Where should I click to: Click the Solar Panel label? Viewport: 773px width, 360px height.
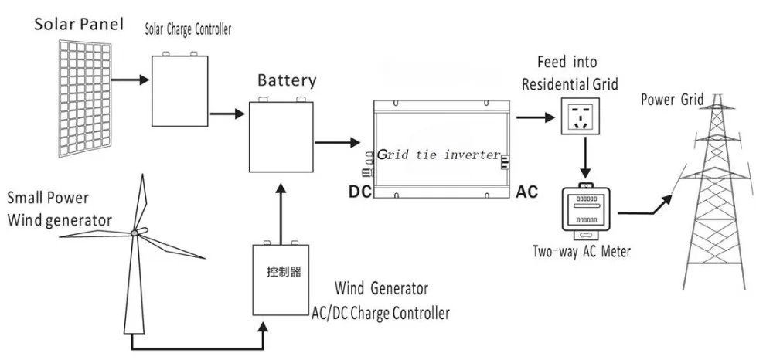(77, 23)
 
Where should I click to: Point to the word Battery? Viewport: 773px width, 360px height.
(287, 80)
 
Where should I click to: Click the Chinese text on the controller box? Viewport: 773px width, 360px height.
(283, 272)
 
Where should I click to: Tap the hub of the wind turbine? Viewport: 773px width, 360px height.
(134, 232)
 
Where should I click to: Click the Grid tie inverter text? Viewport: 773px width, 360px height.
(439, 155)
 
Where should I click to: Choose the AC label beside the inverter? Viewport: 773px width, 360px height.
(526, 190)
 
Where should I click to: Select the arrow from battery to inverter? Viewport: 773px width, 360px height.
(337, 142)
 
